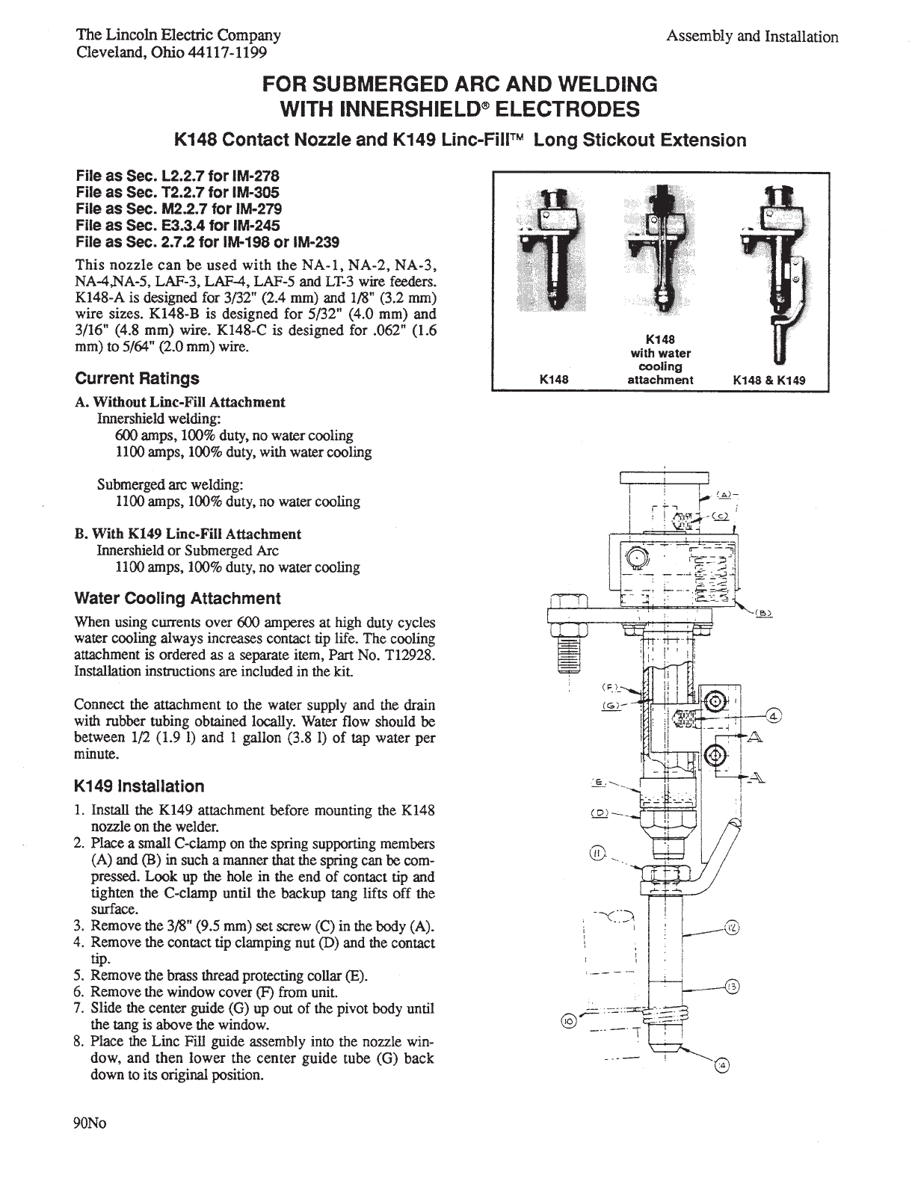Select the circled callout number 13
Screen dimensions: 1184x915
point(732,987)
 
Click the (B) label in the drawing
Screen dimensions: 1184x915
point(763,613)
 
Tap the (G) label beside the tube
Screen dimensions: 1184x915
point(609,703)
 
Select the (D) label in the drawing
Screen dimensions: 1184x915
point(599,813)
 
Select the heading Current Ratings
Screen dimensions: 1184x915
point(138,378)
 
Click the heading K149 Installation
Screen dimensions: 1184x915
point(140,786)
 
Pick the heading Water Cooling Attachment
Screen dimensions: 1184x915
point(178,599)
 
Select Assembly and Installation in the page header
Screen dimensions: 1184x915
point(752,37)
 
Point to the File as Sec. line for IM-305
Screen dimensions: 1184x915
point(178,192)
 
